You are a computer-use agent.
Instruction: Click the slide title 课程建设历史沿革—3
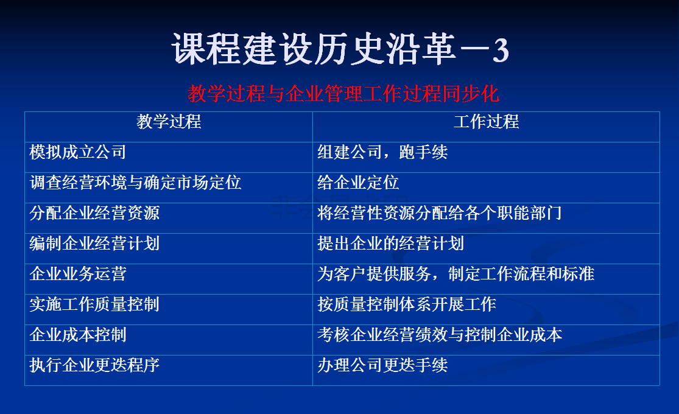point(340,49)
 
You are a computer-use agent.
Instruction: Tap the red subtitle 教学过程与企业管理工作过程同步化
point(343,94)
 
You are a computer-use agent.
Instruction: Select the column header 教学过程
point(169,122)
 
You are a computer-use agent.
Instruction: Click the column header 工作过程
point(487,122)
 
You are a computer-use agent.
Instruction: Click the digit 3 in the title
point(501,51)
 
